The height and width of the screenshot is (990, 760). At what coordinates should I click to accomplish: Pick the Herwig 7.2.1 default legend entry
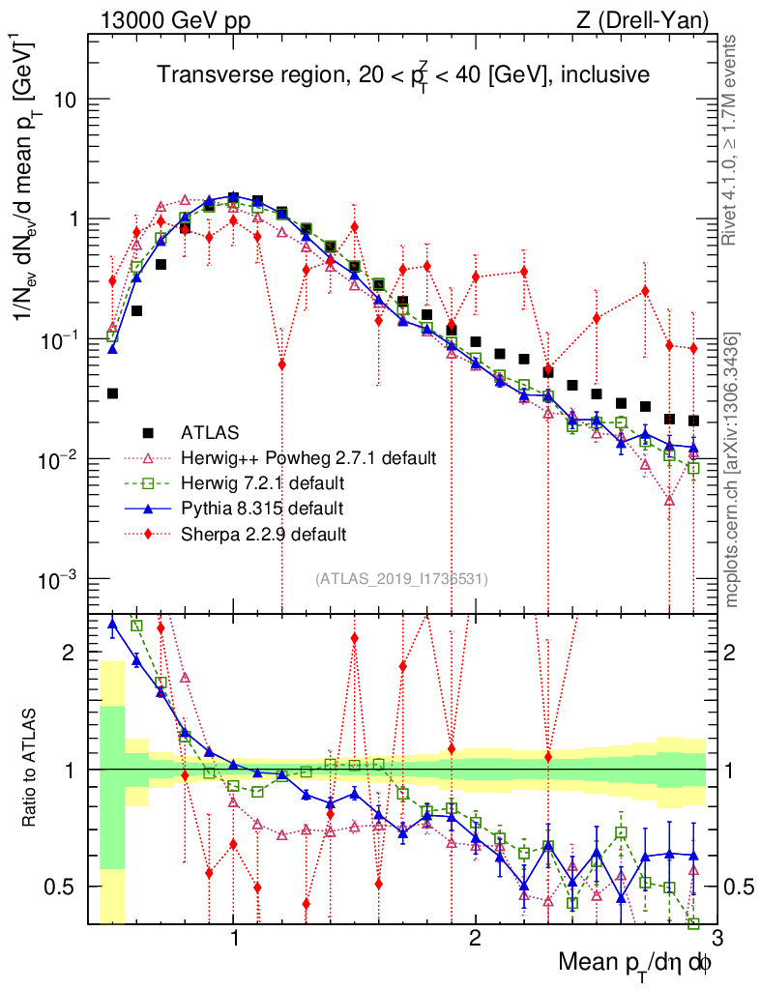[268, 482]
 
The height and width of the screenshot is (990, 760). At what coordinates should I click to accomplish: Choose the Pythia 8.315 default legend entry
[268, 508]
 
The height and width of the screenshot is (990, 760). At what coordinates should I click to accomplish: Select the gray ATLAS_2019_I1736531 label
[401, 579]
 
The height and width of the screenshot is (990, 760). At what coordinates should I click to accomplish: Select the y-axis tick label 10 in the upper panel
[66, 101]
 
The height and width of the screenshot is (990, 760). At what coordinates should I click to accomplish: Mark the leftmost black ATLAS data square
[112, 393]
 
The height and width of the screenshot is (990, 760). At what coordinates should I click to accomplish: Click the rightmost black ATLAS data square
[693, 421]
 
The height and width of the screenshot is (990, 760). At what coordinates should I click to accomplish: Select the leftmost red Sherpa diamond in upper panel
[112, 281]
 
